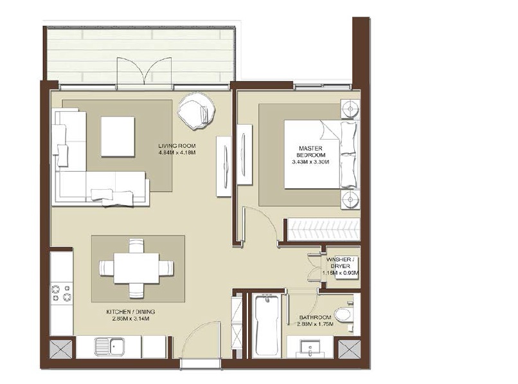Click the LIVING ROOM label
(176, 146)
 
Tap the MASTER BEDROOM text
(311, 151)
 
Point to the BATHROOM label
(315, 318)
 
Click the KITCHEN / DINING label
(130, 312)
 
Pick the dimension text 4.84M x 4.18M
(176, 153)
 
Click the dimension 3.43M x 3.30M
(311, 162)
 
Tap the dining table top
(136, 266)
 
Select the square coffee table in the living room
(118, 136)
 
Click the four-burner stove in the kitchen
(62, 294)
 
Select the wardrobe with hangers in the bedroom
(322, 229)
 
